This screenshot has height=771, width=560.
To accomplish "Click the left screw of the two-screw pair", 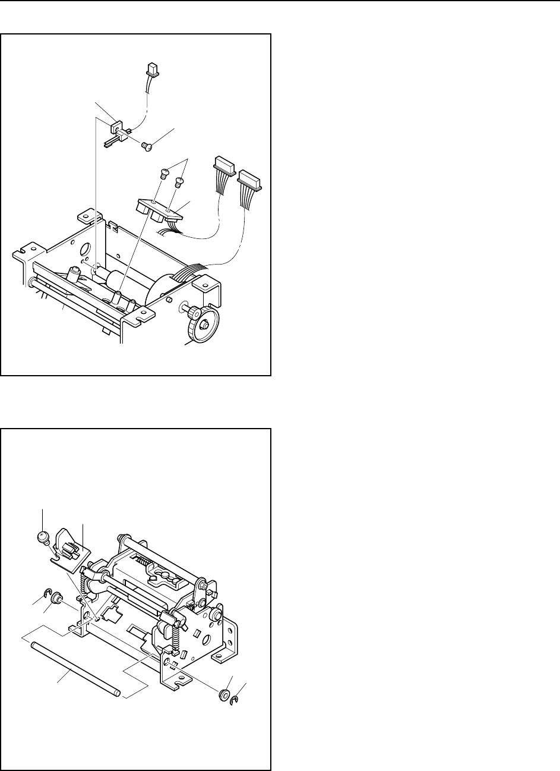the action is pos(166,174).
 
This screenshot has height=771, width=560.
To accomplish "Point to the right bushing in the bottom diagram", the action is pos(224,695).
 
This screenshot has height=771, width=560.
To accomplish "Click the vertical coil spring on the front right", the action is pos(176,638).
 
